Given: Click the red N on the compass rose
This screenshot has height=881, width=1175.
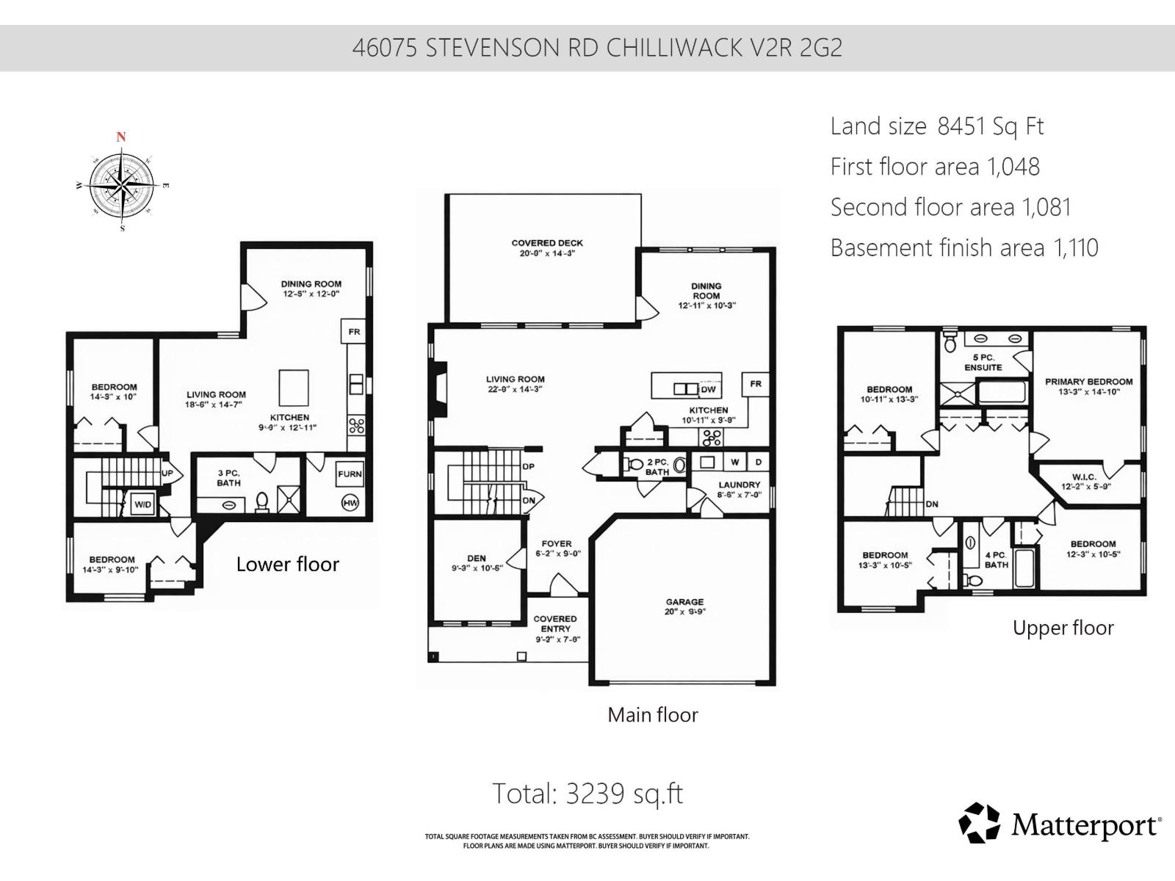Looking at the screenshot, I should pos(121,137).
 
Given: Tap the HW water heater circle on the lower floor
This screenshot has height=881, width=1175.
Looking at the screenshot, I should pos(350,503).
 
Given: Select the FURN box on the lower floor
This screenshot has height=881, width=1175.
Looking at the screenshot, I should pos(350,474).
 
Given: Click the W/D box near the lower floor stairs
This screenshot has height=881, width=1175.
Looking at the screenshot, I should pos(142,504).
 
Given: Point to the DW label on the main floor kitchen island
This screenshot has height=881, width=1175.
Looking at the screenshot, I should pos(708,389).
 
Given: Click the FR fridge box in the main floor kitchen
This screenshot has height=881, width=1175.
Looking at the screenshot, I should pos(756,384).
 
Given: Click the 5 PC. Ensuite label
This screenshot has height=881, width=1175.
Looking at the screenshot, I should pos(983,362).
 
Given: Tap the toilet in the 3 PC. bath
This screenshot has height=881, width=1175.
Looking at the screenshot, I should pos(261,501).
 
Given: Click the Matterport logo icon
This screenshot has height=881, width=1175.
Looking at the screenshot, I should pos(979,823).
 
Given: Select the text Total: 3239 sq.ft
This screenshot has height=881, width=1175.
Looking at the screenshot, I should pos(587,794).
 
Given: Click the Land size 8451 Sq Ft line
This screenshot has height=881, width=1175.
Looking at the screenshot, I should pos(936,126).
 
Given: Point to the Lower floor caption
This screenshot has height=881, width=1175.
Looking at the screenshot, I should pos(287,565).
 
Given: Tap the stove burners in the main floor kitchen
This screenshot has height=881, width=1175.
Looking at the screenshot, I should pos(712,438).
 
